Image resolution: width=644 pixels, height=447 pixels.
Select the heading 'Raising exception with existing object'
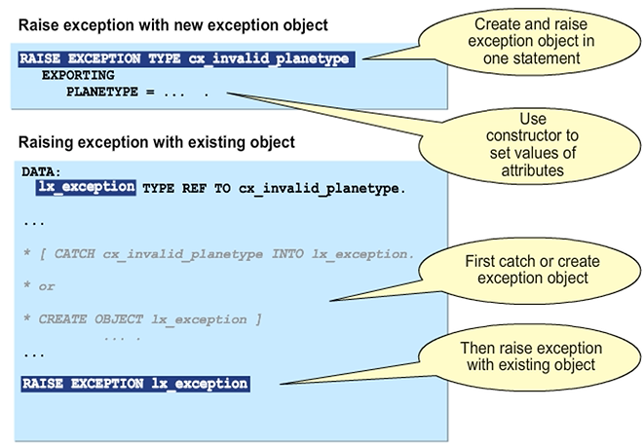(156, 142)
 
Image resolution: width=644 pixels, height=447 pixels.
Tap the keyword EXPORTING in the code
(78, 75)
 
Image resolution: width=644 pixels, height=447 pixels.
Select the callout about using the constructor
(531, 141)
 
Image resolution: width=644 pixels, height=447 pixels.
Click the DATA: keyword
(42, 171)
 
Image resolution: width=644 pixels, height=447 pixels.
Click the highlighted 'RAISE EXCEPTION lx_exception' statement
(134, 384)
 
